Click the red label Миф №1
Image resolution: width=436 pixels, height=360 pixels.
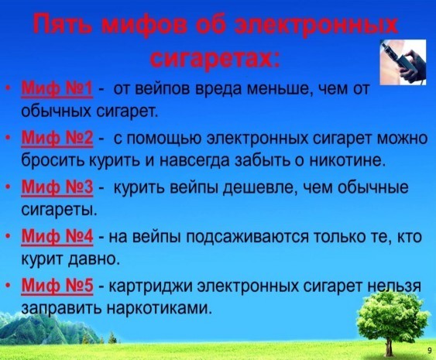(x=57, y=89)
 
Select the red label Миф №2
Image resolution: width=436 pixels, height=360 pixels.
(x=57, y=138)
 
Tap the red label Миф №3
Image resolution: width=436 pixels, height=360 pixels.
(x=57, y=187)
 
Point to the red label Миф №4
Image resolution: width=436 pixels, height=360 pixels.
(x=57, y=237)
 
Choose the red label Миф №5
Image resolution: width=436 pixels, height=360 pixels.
(x=57, y=286)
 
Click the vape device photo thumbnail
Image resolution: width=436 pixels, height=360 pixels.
(x=403, y=62)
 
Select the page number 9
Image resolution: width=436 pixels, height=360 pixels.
(x=430, y=350)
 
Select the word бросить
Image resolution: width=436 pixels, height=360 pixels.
(x=54, y=160)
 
